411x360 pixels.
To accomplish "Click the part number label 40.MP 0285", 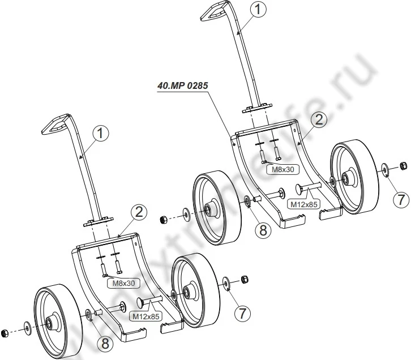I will coord(183,87).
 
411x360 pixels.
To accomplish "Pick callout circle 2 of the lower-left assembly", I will coord(139,212).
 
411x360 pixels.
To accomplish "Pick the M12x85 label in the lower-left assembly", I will coord(145,315).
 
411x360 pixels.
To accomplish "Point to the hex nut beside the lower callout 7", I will coord(245,279).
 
